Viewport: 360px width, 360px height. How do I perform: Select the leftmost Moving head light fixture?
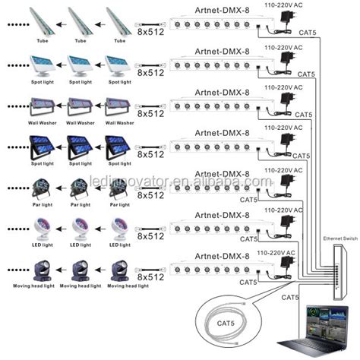click(x=39, y=270)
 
